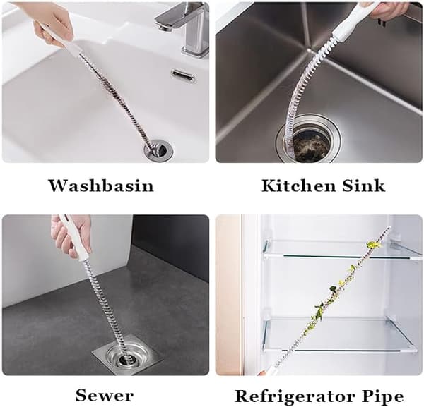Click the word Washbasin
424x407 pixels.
(101, 186)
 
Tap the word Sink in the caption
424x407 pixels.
(363, 186)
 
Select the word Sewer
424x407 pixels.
(105, 396)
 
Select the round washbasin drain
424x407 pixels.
(158, 151)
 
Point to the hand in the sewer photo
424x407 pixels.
(71, 236)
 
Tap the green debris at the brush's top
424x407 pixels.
(373, 245)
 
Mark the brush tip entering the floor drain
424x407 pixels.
(125, 357)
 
